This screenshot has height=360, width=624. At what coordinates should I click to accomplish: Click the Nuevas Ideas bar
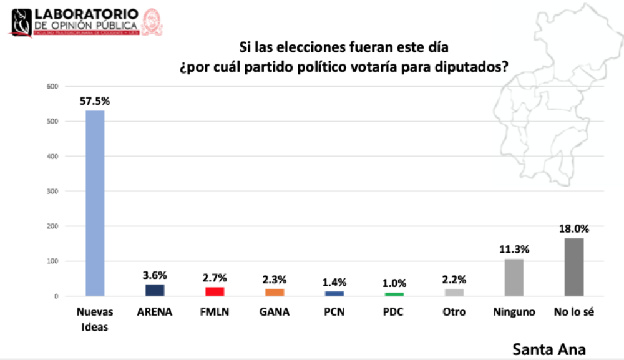pyautogui.click(x=95, y=203)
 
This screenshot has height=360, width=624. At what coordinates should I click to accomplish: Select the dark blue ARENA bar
pyautogui.click(x=155, y=289)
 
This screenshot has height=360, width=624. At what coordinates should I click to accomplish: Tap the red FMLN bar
pyautogui.click(x=215, y=291)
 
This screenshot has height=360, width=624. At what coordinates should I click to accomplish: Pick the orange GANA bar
pyautogui.click(x=275, y=292)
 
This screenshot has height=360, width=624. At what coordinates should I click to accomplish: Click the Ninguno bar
pyautogui.click(x=514, y=277)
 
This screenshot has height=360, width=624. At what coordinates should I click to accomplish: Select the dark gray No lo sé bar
pyautogui.click(x=574, y=266)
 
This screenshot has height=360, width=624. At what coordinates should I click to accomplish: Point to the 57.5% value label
pyautogui.click(x=95, y=100)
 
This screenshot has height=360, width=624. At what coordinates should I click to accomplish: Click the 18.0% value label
pyautogui.click(x=574, y=228)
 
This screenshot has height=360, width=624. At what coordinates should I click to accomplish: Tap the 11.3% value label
pyautogui.click(x=514, y=249)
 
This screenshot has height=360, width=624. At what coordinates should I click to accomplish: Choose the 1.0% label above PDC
pyautogui.click(x=394, y=283)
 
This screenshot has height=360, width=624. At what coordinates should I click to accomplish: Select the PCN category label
pyautogui.click(x=334, y=312)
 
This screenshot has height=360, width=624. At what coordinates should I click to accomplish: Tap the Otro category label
pyautogui.click(x=454, y=312)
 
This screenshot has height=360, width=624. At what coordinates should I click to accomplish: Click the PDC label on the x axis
pyautogui.click(x=394, y=312)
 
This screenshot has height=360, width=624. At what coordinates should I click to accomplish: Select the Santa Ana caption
pyautogui.click(x=549, y=348)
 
